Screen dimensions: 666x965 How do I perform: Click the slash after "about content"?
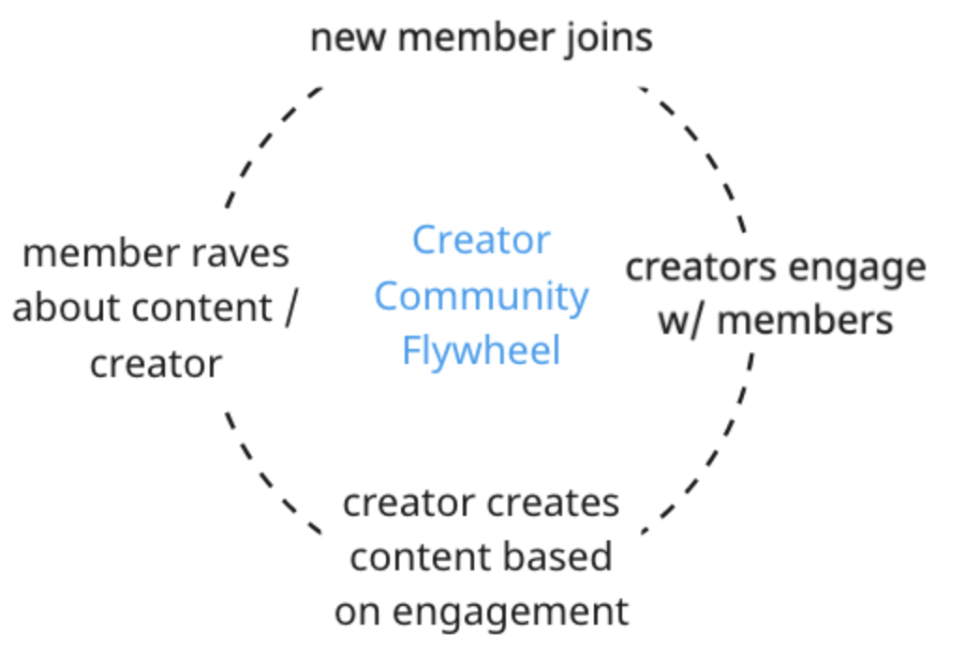point(289,308)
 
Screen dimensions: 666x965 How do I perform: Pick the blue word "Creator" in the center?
point(481,240)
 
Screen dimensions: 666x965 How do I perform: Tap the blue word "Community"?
point(481,296)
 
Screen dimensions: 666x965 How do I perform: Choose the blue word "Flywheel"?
point(481,351)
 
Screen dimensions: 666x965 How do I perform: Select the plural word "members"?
point(805,321)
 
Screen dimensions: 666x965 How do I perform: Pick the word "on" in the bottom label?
point(357,612)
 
